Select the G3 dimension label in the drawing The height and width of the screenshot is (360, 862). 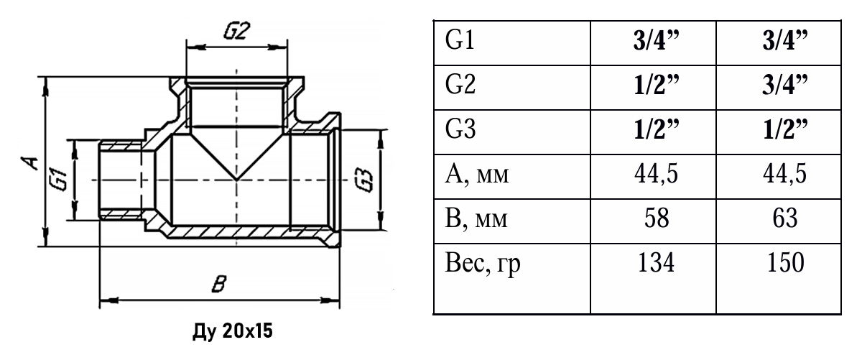[x=363, y=180]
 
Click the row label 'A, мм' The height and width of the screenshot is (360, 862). [x=477, y=175]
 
